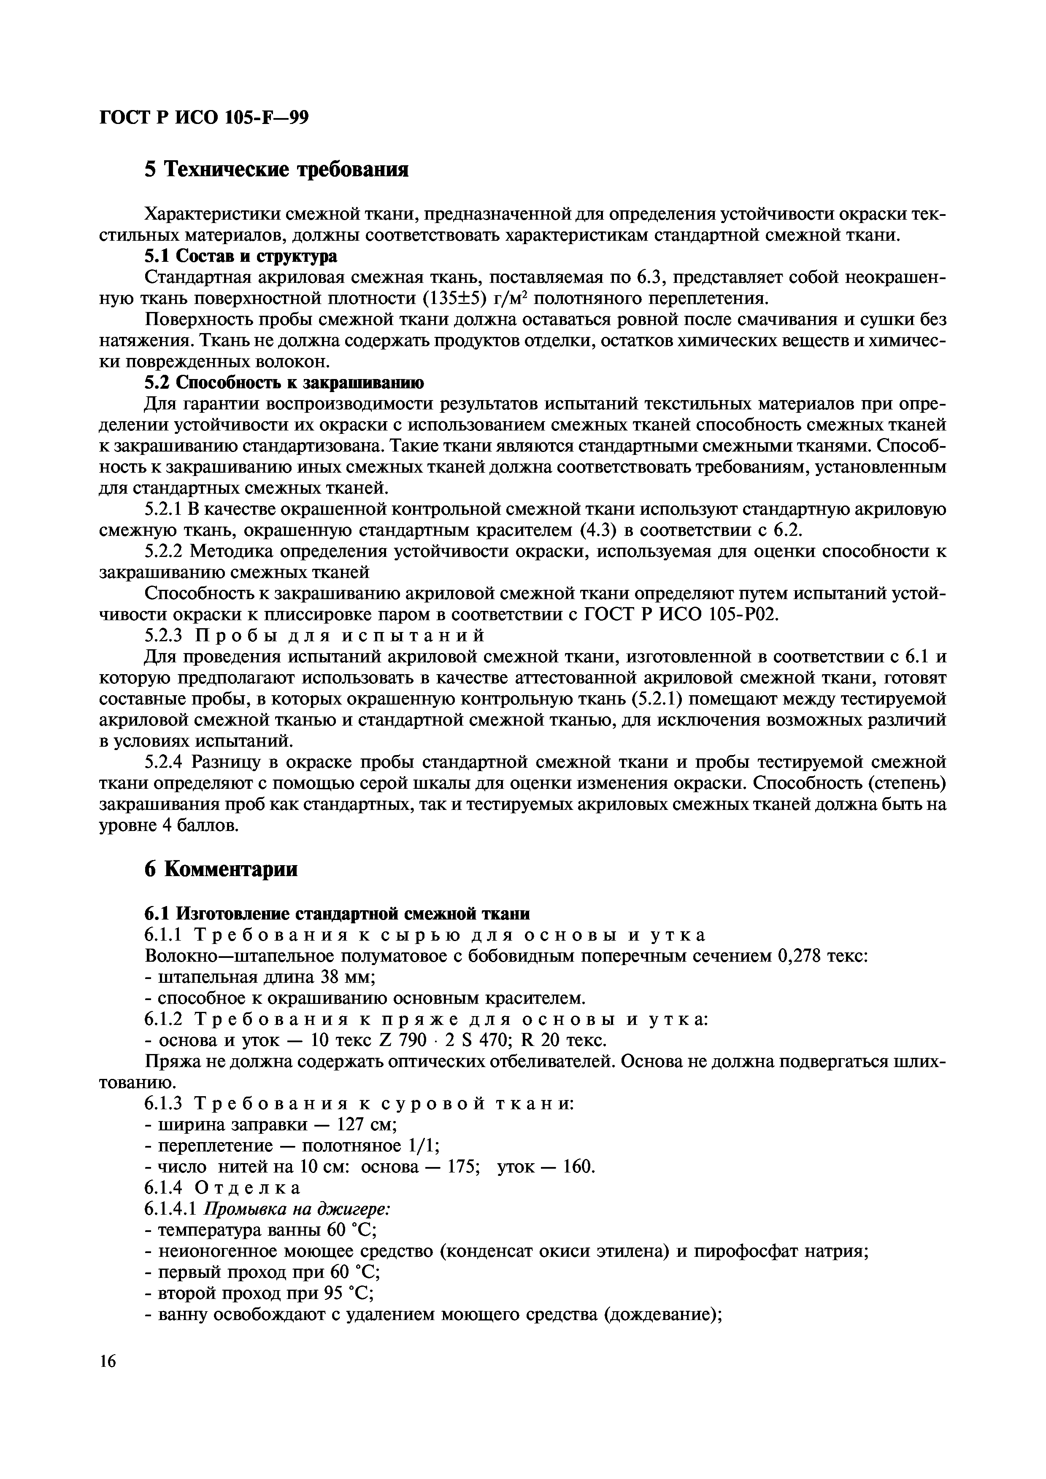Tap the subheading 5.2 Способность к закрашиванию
284,383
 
